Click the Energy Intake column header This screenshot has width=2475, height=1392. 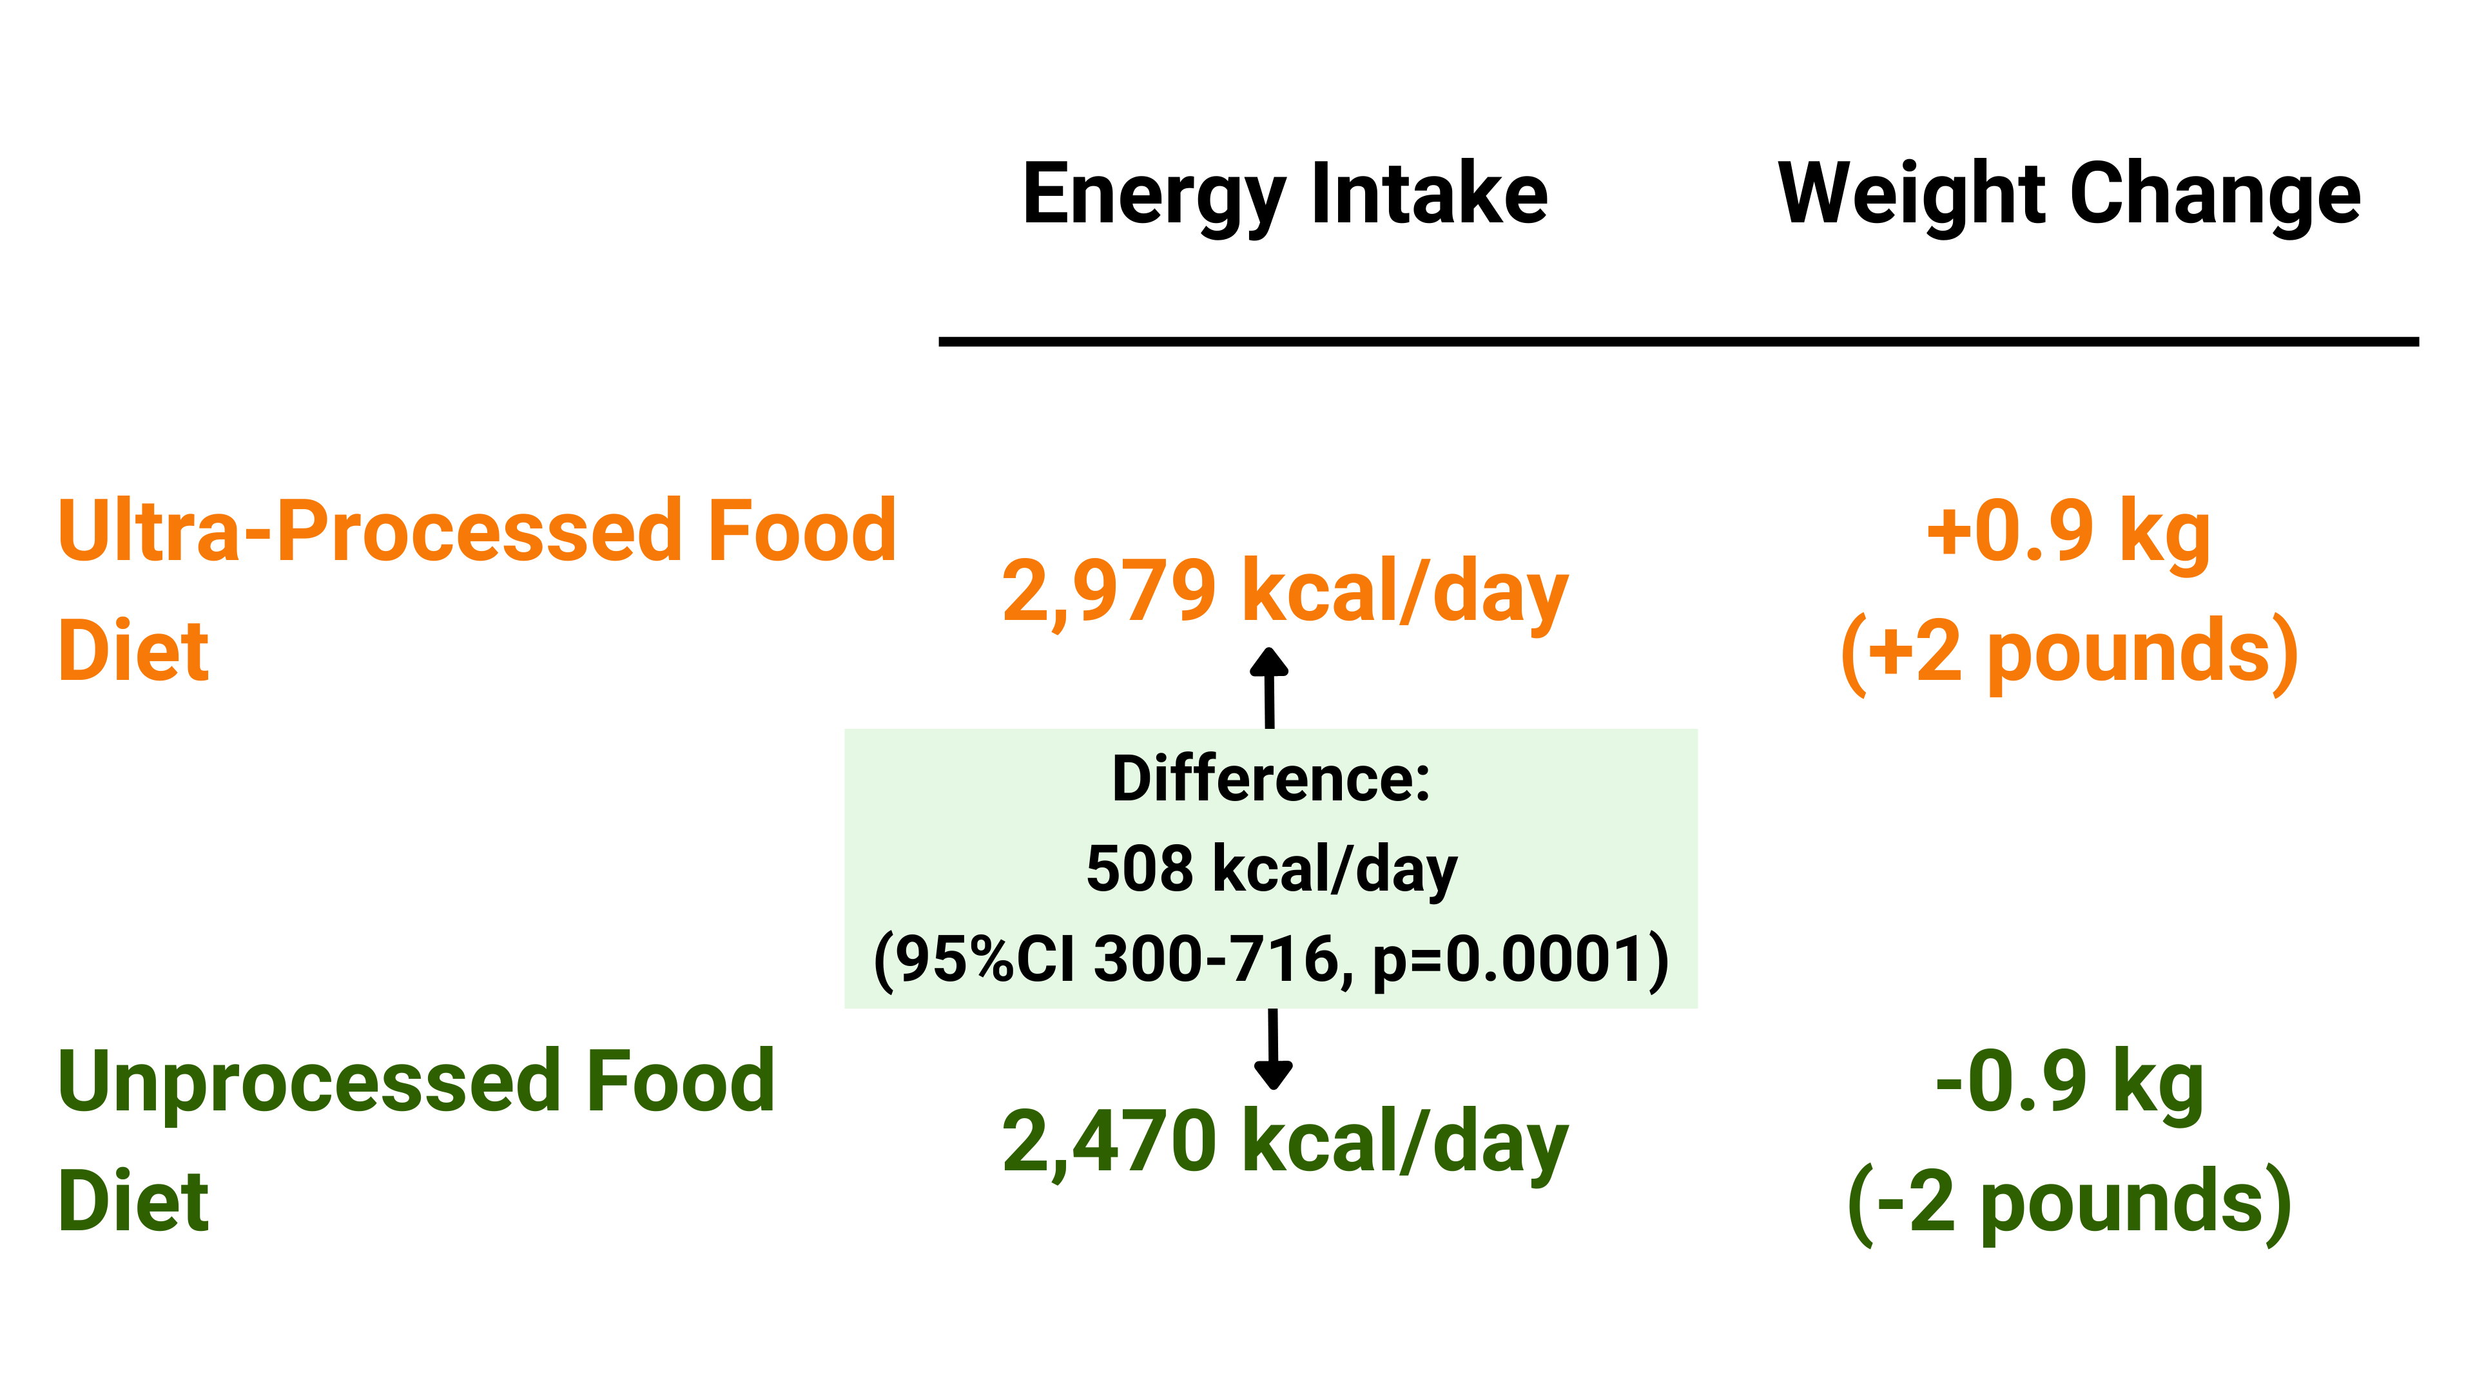point(1285,195)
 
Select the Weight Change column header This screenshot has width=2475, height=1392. point(2068,195)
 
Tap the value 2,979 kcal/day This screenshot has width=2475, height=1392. point(1285,591)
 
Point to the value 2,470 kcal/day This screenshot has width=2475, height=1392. point(1285,1141)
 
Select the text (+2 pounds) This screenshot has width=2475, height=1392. point(2068,653)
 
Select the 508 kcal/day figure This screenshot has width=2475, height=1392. point(1271,869)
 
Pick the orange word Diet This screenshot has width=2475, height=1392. point(133,652)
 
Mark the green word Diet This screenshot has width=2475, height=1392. point(133,1202)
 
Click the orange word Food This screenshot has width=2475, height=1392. point(801,531)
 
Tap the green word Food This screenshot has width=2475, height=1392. point(679,1082)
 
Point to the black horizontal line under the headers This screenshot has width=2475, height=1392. point(1678,341)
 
